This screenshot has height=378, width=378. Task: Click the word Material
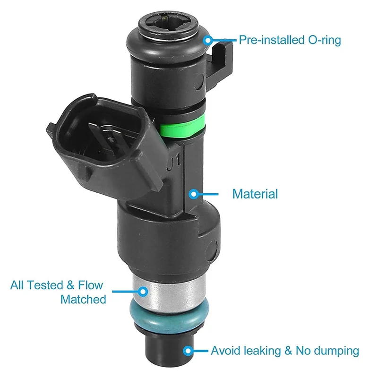click(255, 194)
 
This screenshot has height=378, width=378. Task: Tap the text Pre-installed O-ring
click(290, 40)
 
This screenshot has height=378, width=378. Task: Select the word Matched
click(83, 299)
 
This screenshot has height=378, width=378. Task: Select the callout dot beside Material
click(193, 193)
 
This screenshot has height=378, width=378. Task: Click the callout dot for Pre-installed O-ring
click(207, 40)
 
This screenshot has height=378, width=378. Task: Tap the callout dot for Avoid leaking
click(188, 351)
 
